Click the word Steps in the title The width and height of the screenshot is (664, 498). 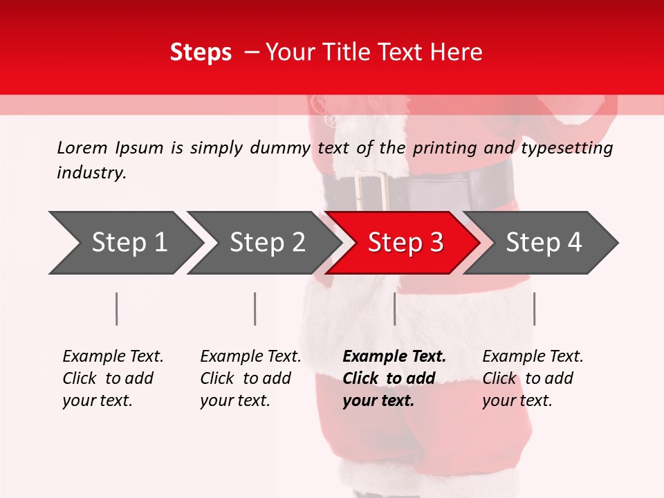pos(201,53)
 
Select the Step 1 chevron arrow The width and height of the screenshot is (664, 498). pos(124,243)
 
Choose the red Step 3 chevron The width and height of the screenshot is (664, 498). pos(405,243)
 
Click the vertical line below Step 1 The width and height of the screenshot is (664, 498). pos(117,308)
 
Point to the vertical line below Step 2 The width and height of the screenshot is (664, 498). pos(255,308)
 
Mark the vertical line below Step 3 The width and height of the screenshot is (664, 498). pos(394,308)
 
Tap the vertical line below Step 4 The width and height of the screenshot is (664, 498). pos(534,308)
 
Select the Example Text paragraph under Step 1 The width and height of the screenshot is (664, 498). pos(113,378)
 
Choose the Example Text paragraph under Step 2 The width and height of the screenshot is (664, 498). pos(250,378)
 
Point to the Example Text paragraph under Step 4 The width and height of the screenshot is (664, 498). pos(533,378)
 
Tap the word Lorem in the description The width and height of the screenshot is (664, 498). pos(82,148)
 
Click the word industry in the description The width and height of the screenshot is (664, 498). pos(91,173)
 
